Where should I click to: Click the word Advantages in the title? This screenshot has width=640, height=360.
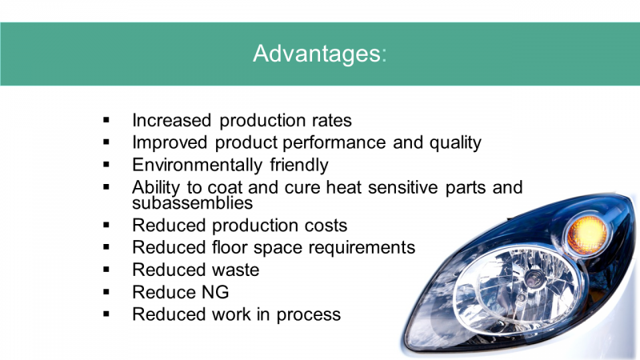pos(317,54)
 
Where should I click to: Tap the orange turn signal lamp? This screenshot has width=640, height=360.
pos(587,234)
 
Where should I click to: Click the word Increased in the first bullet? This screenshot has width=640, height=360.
pos(171,121)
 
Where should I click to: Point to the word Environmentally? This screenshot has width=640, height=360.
pos(197,166)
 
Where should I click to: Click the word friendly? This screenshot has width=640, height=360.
pos(298,166)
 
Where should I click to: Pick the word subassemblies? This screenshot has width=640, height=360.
pos(192,203)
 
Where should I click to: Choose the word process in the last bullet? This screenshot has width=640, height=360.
pos(308,315)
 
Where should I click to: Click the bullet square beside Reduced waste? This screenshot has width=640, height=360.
pos(106,270)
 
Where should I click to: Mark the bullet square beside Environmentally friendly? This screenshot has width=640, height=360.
pos(106,165)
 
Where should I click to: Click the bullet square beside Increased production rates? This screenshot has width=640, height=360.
pos(106,120)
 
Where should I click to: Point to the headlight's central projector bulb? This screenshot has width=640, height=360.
pos(532,278)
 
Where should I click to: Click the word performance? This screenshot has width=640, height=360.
pos(334,143)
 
